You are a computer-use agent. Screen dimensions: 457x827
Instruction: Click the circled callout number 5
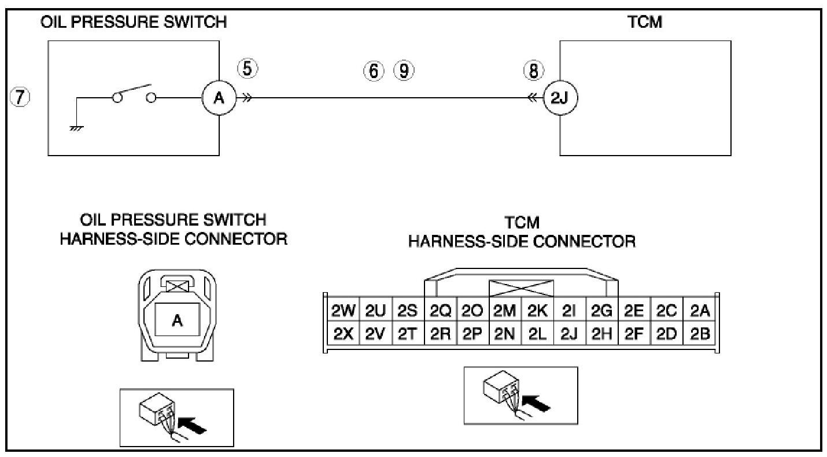point(247,69)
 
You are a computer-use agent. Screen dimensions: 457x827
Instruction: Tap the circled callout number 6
point(373,71)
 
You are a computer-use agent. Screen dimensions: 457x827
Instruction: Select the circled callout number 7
point(21,97)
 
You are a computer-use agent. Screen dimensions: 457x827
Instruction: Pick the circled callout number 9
point(404,71)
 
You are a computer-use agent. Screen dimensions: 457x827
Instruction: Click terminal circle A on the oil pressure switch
point(219,98)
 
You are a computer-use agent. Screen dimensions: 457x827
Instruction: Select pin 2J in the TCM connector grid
point(570,334)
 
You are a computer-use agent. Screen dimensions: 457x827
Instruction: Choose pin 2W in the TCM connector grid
point(343,312)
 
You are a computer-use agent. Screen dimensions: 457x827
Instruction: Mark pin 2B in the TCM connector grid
point(699,334)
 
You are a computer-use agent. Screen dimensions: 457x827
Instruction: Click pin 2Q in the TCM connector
point(441,312)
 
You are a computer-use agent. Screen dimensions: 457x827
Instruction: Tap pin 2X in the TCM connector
point(343,334)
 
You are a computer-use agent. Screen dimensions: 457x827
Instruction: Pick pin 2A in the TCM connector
point(699,312)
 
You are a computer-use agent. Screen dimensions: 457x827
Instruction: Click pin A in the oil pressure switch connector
point(177,322)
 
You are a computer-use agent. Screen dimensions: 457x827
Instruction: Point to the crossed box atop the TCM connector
point(521,289)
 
